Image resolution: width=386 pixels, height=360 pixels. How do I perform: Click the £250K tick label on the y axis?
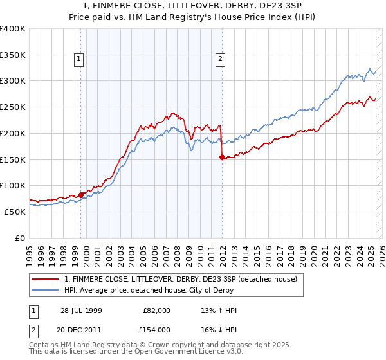[13, 107]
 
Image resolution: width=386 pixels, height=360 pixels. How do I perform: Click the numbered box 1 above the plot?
[78, 59]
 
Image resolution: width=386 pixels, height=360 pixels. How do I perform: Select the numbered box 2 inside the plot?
[220, 59]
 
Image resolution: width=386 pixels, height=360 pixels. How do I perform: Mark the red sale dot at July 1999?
[81, 194]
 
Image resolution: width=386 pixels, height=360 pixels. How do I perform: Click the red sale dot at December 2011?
[222, 157]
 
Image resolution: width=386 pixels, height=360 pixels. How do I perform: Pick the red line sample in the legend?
[46, 279]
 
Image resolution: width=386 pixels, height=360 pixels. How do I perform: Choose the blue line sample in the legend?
[46, 290]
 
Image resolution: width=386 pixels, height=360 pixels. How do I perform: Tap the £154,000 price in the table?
[157, 329]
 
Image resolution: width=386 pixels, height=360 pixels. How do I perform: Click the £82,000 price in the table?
[157, 311]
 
